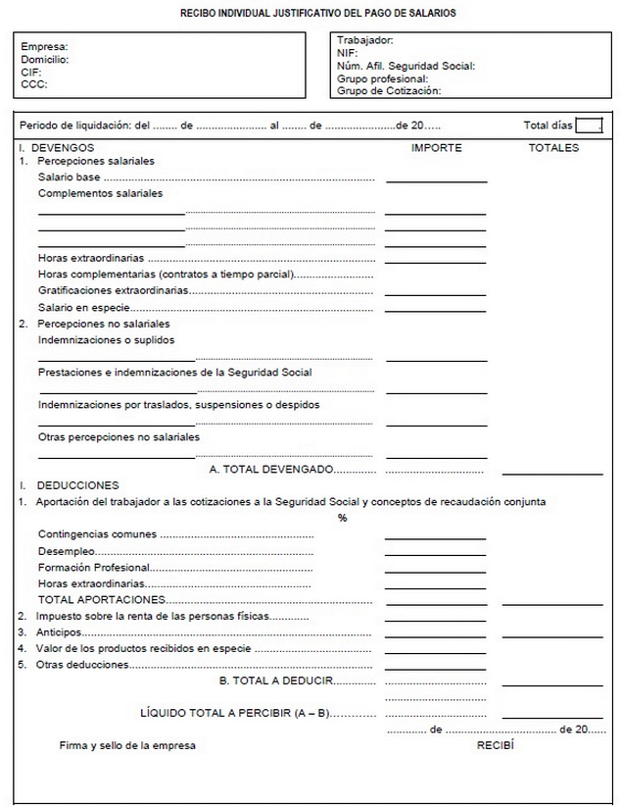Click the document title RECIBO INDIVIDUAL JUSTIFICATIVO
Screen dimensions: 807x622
pos(317,14)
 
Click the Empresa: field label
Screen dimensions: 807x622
pos(44,47)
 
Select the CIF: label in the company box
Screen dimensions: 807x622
pos(30,72)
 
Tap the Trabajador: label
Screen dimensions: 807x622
pos(365,40)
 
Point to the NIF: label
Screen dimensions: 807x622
pos(347,53)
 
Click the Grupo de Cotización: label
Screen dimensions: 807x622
pos(389,91)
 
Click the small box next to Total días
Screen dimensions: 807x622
pos(589,125)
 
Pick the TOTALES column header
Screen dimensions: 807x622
pos(553,148)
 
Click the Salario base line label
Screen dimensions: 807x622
pos(70,177)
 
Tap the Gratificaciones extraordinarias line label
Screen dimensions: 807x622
pos(113,290)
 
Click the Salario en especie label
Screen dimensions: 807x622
pos(82,307)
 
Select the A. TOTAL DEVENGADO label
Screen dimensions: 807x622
pos(271,470)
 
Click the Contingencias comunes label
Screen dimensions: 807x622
pos(97,534)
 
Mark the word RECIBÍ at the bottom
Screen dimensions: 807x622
pos(496,745)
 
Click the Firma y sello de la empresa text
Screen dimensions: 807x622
pos(127,745)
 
